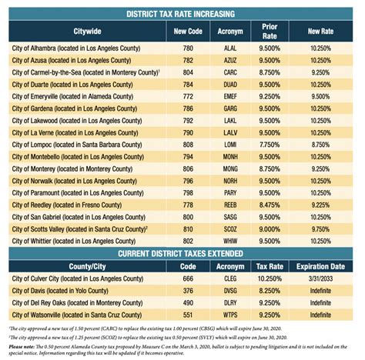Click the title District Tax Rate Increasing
click(182, 14)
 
